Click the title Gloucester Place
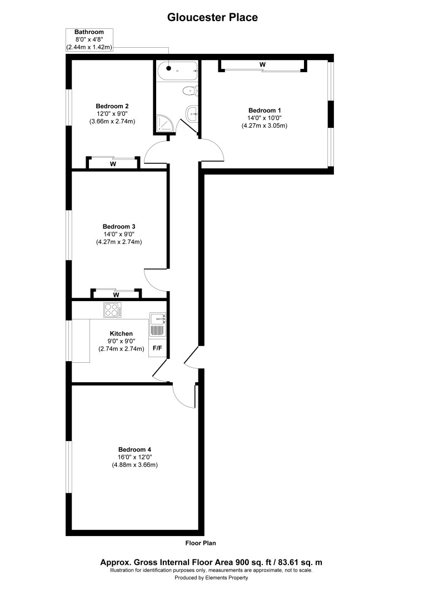click(212, 17)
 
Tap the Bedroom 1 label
click(265, 111)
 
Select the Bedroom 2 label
click(112, 106)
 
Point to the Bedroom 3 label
click(119, 227)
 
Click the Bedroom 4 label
click(134, 449)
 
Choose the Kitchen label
click(121, 334)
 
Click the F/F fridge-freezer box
click(157, 348)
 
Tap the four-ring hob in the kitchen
click(112, 309)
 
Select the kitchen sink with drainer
click(157, 324)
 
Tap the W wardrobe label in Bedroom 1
click(262, 64)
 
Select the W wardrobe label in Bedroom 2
click(113, 164)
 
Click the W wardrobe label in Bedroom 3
click(116, 295)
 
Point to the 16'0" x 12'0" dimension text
click(135, 457)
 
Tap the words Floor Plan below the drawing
click(201, 543)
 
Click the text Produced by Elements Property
click(211, 578)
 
